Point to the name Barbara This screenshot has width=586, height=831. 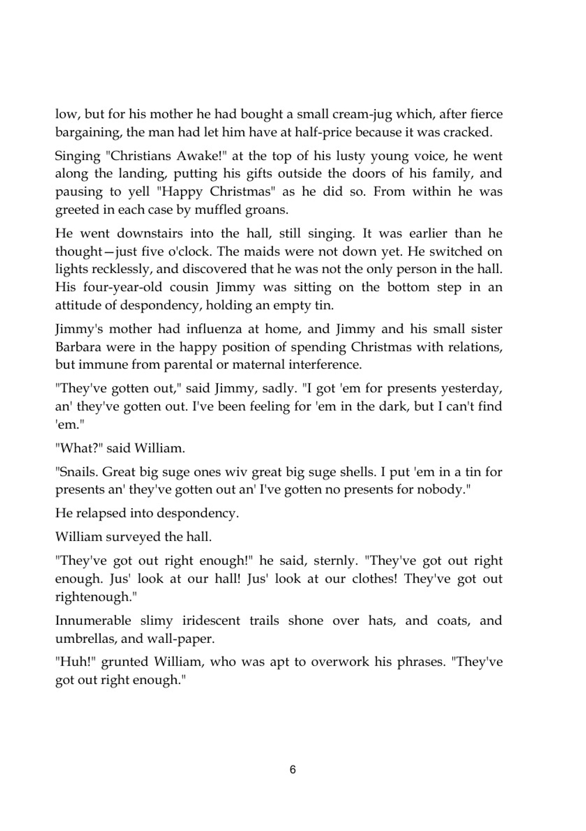pos(79,347)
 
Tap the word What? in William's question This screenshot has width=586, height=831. pos(79,448)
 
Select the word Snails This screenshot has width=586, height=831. pos(76,472)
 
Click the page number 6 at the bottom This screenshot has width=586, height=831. pos(293,769)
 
